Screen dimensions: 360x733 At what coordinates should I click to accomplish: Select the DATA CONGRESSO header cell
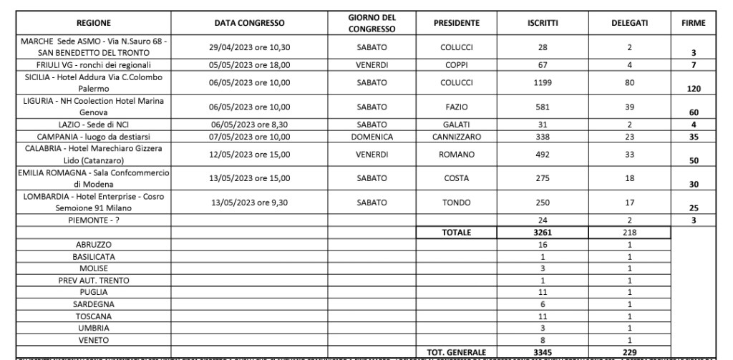[250, 24]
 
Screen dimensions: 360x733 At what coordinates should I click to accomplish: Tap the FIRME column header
[694, 24]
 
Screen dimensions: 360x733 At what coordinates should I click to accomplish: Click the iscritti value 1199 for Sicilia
[543, 82]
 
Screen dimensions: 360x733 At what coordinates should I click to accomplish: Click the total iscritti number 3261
[543, 233]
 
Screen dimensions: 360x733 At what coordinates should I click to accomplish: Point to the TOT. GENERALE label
[457, 352]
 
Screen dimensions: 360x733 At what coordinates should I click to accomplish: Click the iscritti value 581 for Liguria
[543, 107]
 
